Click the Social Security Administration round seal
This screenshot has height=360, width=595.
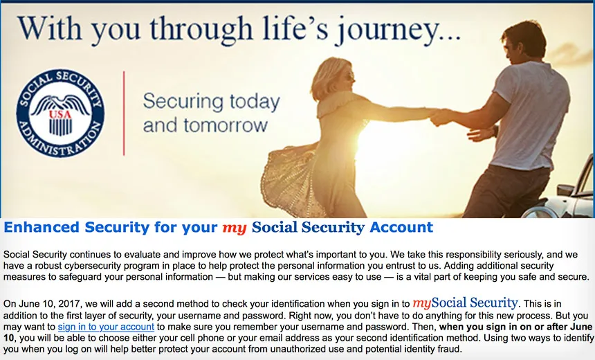[x=60, y=113]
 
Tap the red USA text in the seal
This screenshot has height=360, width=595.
[x=60, y=114]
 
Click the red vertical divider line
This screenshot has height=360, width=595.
[x=124, y=113]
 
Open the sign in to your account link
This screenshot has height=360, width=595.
[x=106, y=327]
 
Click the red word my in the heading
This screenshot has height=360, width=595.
[x=234, y=228]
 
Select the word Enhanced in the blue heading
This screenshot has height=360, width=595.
[x=42, y=227]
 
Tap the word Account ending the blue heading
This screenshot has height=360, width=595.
[x=401, y=227]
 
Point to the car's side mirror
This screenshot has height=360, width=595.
[x=565, y=190]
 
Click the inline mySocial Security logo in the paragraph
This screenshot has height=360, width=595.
[x=465, y=303]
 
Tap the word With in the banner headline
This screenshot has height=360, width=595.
[x=49, y=28]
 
